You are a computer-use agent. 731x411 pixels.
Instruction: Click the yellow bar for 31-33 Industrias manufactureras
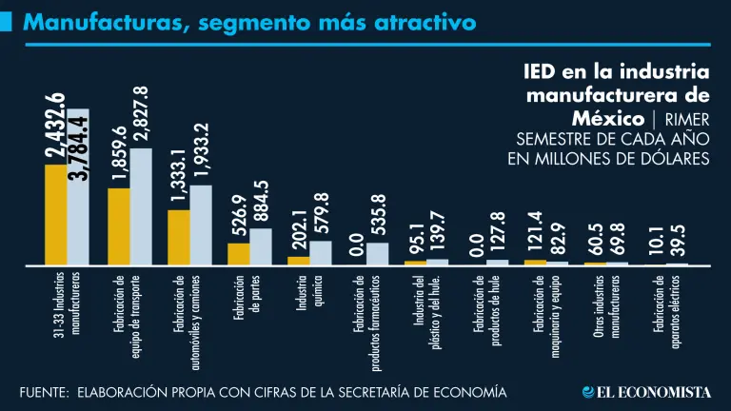click(55, 213)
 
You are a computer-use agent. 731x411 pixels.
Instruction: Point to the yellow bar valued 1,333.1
click(178, 236)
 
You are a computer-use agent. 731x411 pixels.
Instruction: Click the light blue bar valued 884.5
click(260, 245)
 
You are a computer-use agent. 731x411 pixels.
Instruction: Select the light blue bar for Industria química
click(321, 252)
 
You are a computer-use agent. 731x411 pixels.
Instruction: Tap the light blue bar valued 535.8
click(378, 253)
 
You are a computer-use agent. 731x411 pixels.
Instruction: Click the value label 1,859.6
click(119, 154)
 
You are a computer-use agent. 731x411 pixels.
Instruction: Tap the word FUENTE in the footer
click(44, 392)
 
